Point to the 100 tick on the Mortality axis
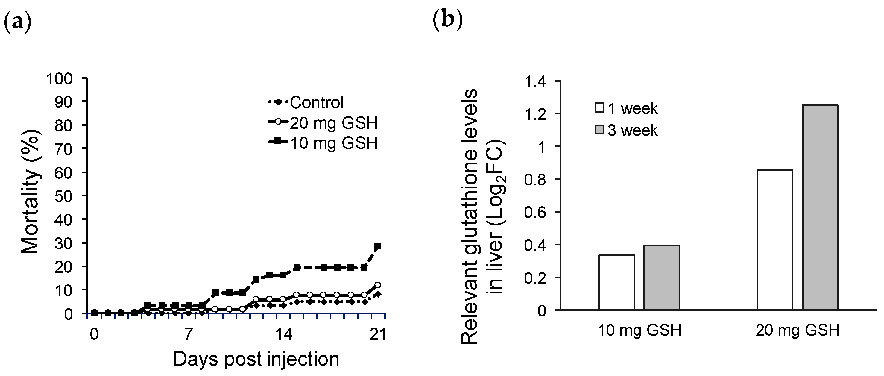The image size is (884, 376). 59,79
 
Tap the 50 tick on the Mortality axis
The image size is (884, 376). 63,196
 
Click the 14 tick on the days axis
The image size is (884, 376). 283,334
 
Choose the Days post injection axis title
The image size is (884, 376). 256,359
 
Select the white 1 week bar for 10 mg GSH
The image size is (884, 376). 616,282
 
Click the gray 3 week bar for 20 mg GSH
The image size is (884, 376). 820,207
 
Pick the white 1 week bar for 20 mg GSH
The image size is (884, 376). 775,240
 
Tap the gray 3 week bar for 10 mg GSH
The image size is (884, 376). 661,278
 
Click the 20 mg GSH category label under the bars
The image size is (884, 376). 797,330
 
